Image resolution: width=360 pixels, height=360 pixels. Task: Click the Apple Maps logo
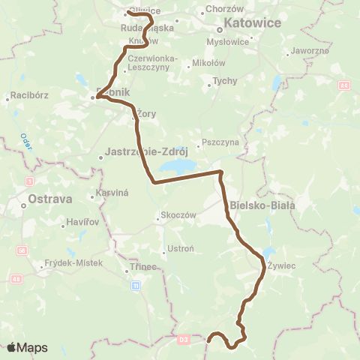coord(26,347)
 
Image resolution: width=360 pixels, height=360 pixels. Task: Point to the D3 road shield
coord(184,340)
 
